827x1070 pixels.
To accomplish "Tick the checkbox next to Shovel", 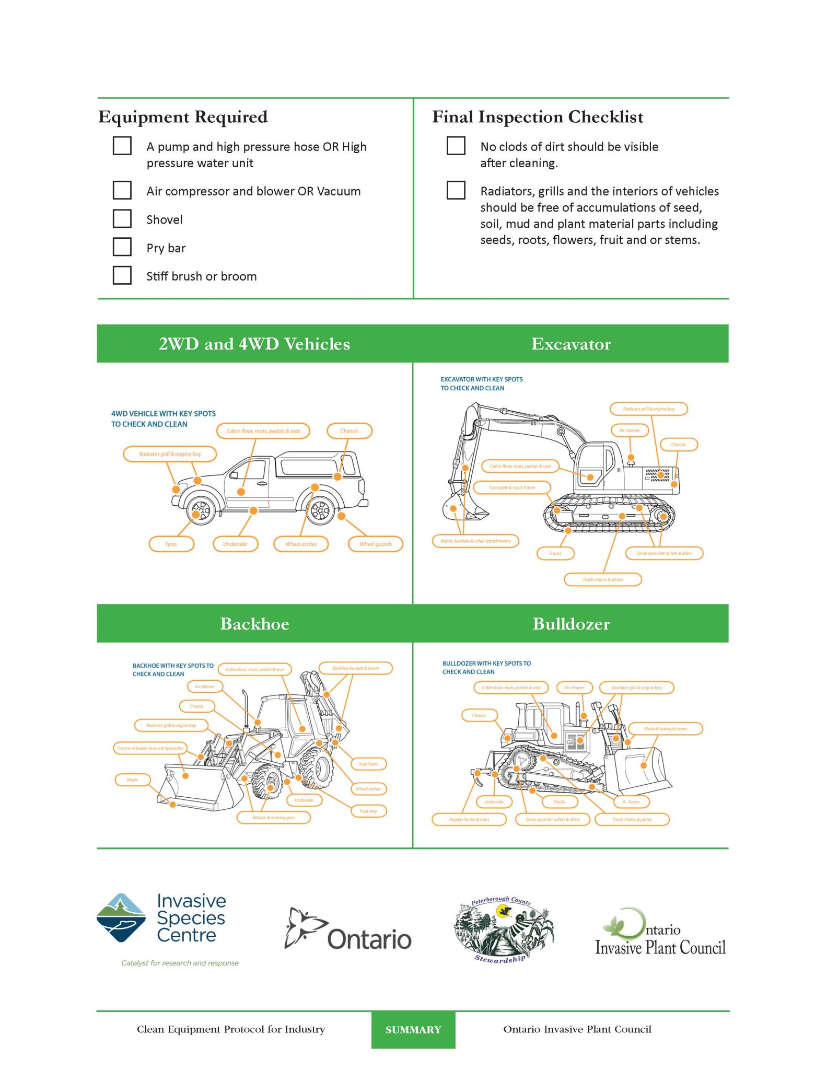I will point(122,218).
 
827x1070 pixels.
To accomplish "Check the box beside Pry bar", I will point(122,247).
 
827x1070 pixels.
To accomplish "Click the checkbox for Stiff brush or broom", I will point(122,275).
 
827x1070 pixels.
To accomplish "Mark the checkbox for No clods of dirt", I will point(456,146).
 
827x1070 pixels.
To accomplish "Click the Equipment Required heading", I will point(183,117).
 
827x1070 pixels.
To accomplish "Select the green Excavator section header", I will point(570,344).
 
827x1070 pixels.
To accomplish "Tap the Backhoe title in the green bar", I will point(254,624).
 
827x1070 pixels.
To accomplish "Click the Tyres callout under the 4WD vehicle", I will point(171,544).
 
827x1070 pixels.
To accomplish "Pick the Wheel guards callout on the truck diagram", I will point(375,544).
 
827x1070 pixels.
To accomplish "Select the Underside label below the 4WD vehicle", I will point(235,544).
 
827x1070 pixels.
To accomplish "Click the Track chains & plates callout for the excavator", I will point(602,579).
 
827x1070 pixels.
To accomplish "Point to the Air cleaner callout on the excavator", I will point(630,431).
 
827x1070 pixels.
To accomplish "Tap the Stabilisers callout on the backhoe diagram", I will point(368,764).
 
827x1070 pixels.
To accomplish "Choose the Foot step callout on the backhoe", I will point(368,811).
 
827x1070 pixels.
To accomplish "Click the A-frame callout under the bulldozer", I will point(631,801).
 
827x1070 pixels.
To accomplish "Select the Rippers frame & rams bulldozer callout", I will point(469,819).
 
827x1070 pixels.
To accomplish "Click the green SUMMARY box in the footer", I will point(413,1030).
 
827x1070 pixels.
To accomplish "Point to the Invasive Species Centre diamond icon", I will point(121,918).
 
